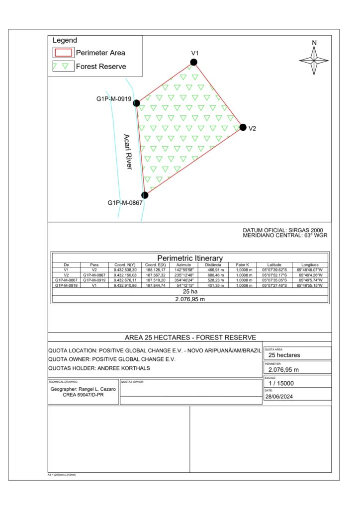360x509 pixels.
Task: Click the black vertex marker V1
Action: tap(193, 62)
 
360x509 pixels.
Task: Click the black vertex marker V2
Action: tap(243, 127)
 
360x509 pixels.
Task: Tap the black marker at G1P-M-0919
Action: tap(137, 103)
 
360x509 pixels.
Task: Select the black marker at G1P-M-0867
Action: tap(145, 195)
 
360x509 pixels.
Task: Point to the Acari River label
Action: tap(127, 152)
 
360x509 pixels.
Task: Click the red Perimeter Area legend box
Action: tap(63, 52)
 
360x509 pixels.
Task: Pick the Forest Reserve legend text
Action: tap(101, 66)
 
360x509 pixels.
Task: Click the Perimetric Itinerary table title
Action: tap(190, 258)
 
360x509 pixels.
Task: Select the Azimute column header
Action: tap(184, 265)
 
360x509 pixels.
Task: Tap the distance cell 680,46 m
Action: tap(216, 275)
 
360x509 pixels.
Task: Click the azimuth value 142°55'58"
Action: tap(184, 270)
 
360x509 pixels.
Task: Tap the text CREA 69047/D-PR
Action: tap(84, 396)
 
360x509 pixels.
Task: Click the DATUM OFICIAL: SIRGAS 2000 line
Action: tap(283, 231)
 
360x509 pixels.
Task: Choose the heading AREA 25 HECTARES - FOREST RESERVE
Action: tap(190, 337)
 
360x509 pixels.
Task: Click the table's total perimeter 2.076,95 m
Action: tap(190, 299)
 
